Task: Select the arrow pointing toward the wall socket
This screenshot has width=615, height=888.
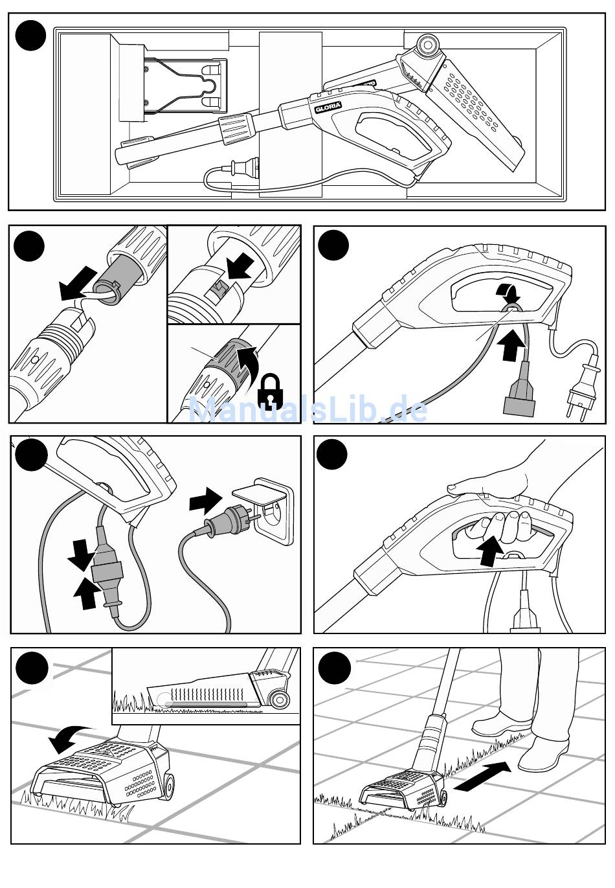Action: (x=205, y=500)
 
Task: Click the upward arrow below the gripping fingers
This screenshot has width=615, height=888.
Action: (x=490, y=551)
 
